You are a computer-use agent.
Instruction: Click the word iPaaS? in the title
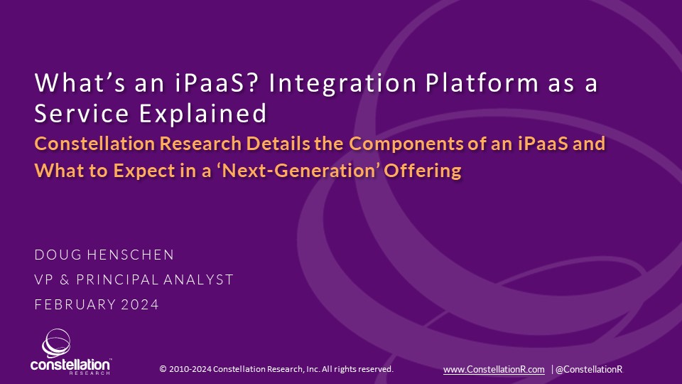pos(224,83)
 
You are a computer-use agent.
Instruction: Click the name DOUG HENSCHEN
pos(104,255)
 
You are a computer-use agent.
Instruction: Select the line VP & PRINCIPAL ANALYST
pos(134,279)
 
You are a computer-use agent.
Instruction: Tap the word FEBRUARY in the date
pos(74,304)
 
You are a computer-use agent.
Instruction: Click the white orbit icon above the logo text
pos(56,343)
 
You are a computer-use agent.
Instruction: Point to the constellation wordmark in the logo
pos(70,364)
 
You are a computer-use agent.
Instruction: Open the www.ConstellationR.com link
pos(494,369)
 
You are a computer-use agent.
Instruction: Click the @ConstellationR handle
pos(589,369)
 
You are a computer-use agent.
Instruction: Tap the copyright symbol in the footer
pos(163,369)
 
